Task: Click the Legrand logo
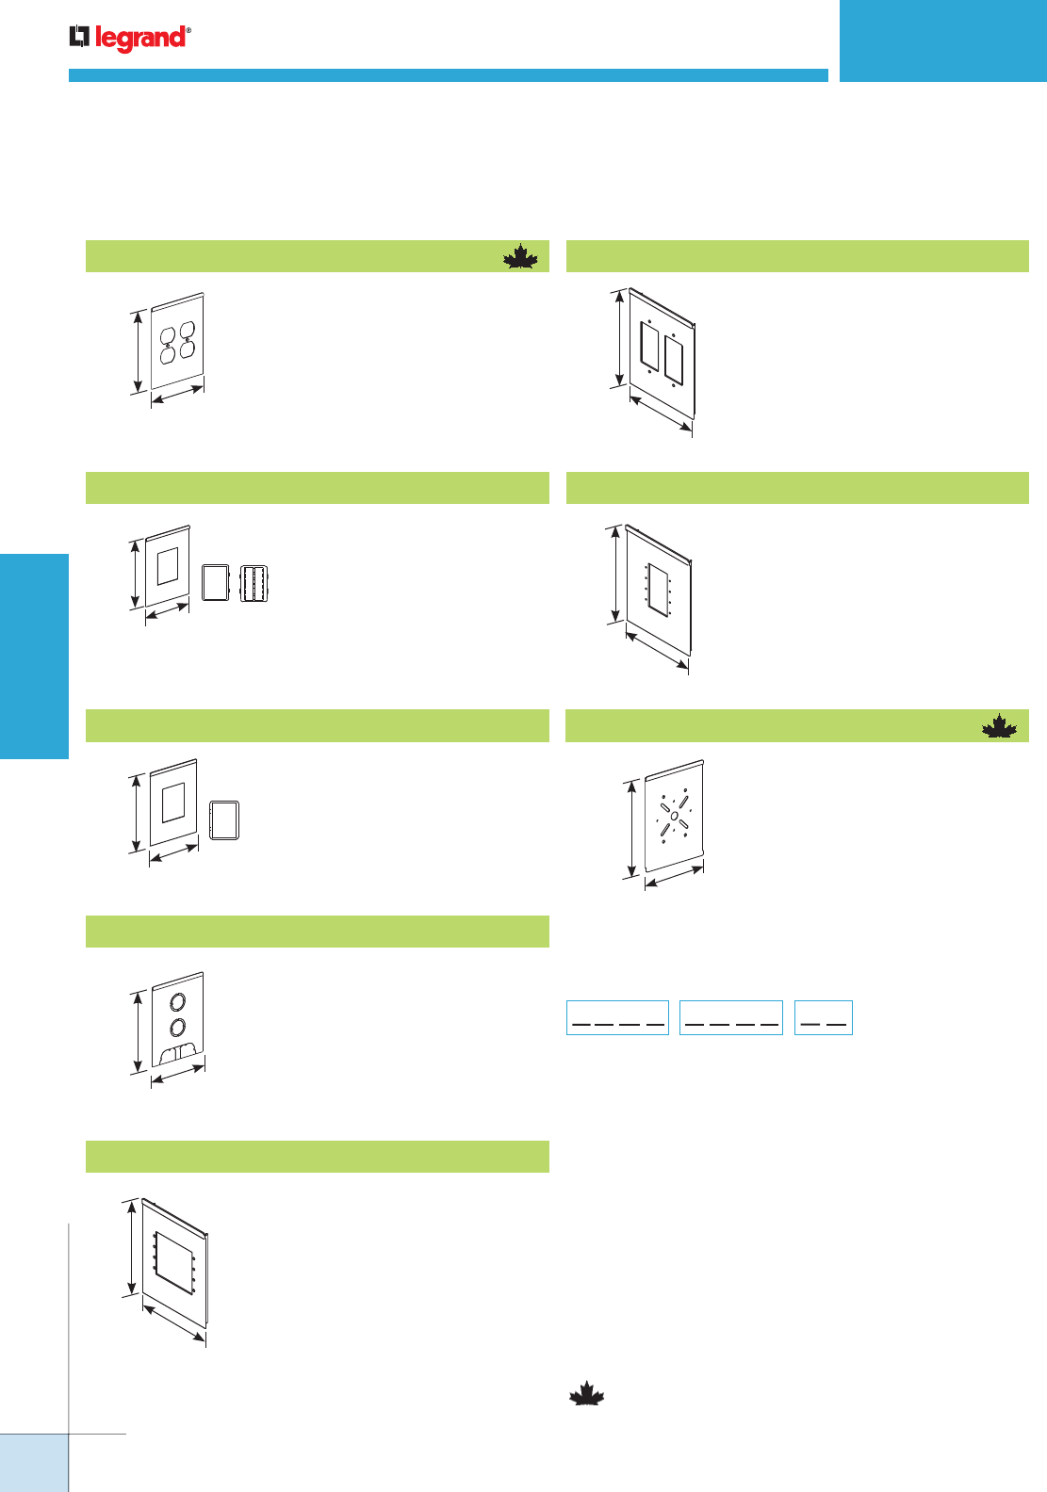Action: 130,38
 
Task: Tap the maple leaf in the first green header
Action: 520,256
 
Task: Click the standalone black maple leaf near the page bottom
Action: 586,1394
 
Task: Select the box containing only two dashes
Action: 823,1017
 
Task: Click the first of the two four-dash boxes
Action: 617,1017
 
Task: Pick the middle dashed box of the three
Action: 730,1017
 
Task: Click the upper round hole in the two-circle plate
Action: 178,1001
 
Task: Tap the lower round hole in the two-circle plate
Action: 178,1027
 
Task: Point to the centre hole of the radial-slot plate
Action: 675,815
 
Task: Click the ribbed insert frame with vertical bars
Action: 254,583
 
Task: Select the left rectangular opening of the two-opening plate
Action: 649,346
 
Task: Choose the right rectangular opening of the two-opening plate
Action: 673,358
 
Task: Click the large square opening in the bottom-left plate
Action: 174,1260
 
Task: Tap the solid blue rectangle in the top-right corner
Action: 942,41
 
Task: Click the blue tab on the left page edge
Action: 34,656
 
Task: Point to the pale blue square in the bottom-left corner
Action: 34,1463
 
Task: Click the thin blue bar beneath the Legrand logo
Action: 448,75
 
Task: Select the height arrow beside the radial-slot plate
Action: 630,829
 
